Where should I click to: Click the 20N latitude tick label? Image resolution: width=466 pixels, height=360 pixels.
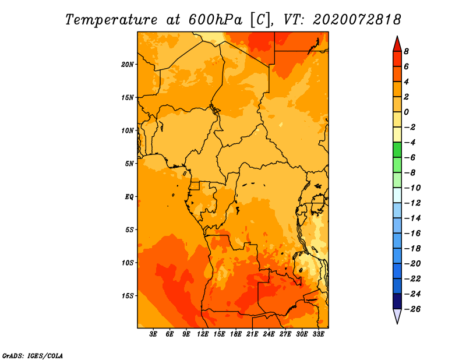128,65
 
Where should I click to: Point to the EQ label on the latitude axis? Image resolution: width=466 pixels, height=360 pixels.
129,197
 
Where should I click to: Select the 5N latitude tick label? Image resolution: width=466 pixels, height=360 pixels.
129,164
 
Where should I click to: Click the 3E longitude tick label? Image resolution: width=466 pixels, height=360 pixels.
153,334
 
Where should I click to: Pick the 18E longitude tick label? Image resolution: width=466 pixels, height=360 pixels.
236,334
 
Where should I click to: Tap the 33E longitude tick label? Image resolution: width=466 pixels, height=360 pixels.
318,334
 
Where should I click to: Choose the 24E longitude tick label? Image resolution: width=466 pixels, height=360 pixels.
269,334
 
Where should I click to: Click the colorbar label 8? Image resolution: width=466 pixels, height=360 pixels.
406,51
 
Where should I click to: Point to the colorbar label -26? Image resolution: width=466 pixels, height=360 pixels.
412,309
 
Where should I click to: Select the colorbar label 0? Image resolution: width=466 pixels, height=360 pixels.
406,112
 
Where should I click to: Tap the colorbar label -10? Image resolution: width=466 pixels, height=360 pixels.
412,188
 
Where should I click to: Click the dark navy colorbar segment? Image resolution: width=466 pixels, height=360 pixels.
397,301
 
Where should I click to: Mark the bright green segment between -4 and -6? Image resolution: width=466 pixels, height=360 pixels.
397,150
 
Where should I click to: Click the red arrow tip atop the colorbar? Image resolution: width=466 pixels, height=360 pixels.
397,36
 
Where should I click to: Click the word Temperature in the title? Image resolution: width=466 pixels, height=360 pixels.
111,20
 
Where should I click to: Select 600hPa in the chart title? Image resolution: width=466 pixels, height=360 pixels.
216,20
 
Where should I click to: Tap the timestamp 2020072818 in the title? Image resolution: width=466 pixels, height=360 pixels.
357,20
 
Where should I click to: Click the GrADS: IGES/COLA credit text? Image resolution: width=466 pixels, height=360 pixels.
33,356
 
